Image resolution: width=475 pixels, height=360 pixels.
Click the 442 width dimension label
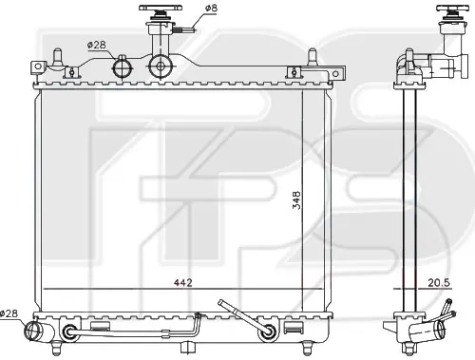tap(183, 282)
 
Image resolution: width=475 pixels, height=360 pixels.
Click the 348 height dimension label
tap(296, 199)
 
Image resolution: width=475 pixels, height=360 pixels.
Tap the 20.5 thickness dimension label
tap(439, 282)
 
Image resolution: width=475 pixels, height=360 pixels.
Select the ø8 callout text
tap(211, 8)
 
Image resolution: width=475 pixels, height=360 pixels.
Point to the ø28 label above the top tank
tap(96, 45)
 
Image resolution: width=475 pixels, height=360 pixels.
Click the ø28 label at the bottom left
tap(9, 313)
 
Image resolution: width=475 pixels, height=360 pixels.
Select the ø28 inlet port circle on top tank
tap(123, 67)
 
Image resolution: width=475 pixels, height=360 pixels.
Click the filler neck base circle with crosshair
tap(161, 66)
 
